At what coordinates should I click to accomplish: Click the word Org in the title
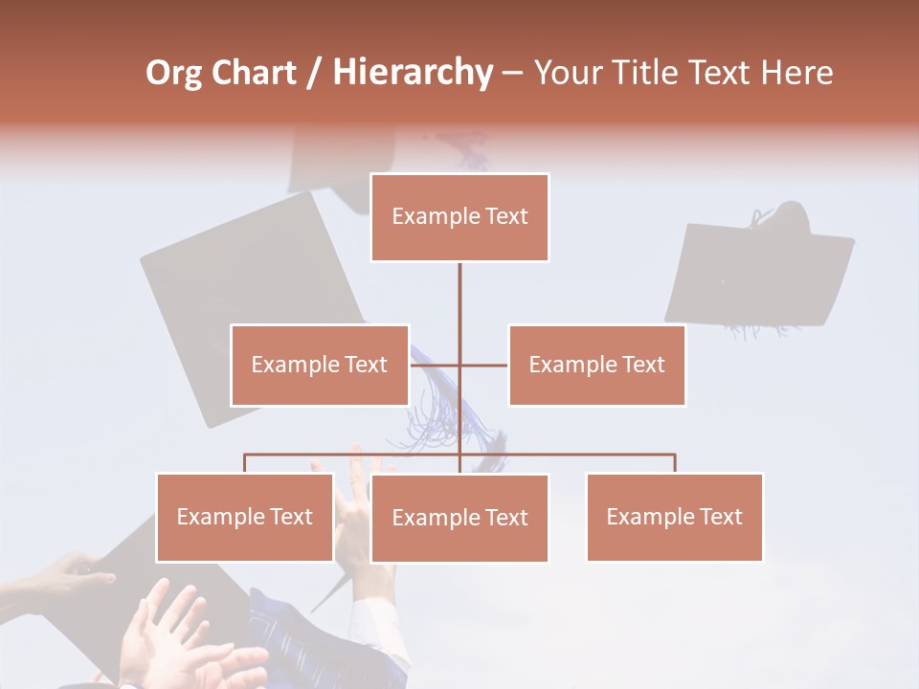coord(173,73)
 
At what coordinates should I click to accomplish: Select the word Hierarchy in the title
coord(413,73)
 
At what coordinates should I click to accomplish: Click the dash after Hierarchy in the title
coord(512,74)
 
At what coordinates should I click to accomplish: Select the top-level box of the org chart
coord(459,217)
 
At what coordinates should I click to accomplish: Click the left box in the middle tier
coord(319,365)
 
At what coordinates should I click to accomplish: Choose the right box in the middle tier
coord(596,365)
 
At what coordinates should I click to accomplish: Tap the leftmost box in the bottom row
coord(244,518)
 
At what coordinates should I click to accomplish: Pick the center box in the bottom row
coord(459,519)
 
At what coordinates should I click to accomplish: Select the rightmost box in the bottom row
coord(674,518)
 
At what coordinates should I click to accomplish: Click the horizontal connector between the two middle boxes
coord(482,365)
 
